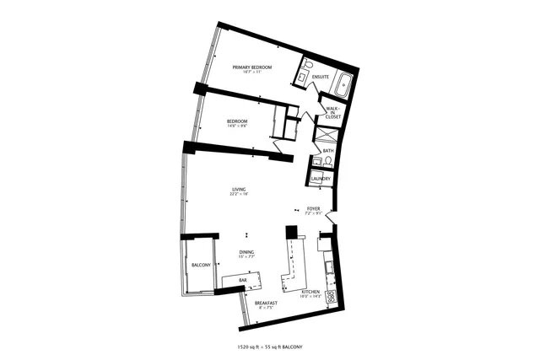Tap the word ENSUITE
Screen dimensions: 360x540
320,78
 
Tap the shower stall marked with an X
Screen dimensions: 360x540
325,133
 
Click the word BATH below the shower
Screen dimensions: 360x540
327,151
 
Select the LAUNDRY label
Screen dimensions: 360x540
320,179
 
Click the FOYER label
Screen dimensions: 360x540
313,208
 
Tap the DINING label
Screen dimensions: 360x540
246,252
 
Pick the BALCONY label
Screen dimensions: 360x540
200,265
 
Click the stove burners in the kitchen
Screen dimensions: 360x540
331,296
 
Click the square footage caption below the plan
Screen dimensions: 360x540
270,347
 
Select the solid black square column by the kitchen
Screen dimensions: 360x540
292,232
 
